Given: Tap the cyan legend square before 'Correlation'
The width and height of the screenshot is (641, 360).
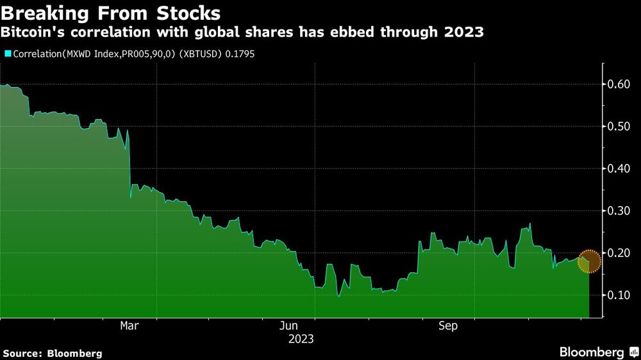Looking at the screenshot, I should (x=7, y=54).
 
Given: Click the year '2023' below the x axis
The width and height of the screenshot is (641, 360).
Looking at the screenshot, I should (x=301, y=339).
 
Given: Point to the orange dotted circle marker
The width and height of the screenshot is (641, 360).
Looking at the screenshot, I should (x=589, y=261).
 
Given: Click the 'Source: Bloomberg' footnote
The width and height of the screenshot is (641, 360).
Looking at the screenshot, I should (x=52, y=353).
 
